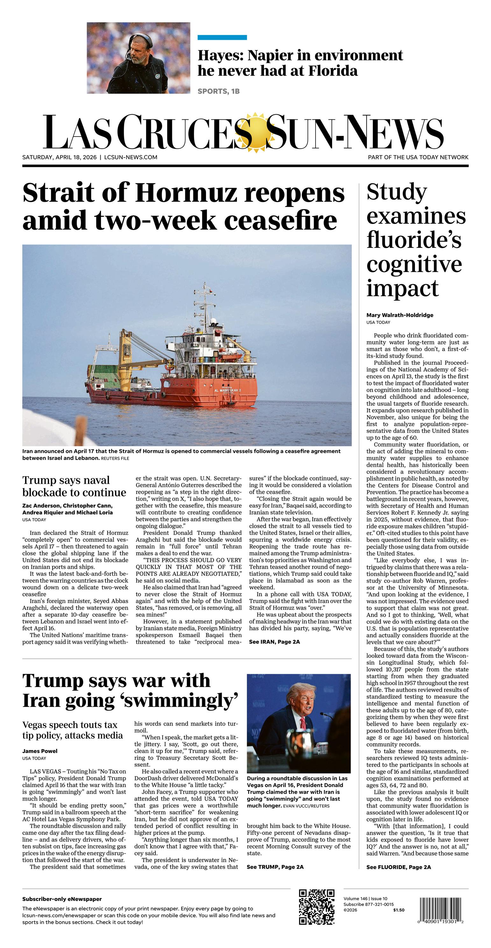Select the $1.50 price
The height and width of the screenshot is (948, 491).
[x=399, y=910]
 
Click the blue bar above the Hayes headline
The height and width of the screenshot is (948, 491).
[x=222, y=38]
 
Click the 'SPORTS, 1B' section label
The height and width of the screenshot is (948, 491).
[x=218, y=91]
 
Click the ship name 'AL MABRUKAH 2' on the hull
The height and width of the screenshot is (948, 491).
[x=227, y=390]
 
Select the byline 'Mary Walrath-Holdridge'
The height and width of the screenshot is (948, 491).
[x=400, y=315]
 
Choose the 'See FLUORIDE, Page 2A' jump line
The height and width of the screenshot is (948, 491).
[x=399, y=867]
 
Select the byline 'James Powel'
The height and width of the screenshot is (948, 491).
[x=40, y=751]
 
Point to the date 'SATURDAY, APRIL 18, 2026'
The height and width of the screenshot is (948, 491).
[x=59, y=157]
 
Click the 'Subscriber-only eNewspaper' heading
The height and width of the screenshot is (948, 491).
[x=62, y=899]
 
